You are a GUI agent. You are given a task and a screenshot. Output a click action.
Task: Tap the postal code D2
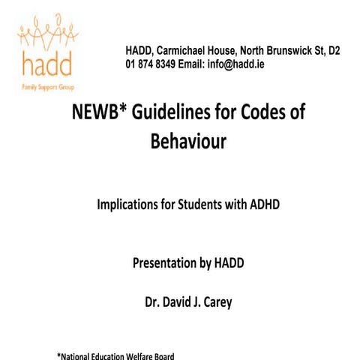tap(332, 51)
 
